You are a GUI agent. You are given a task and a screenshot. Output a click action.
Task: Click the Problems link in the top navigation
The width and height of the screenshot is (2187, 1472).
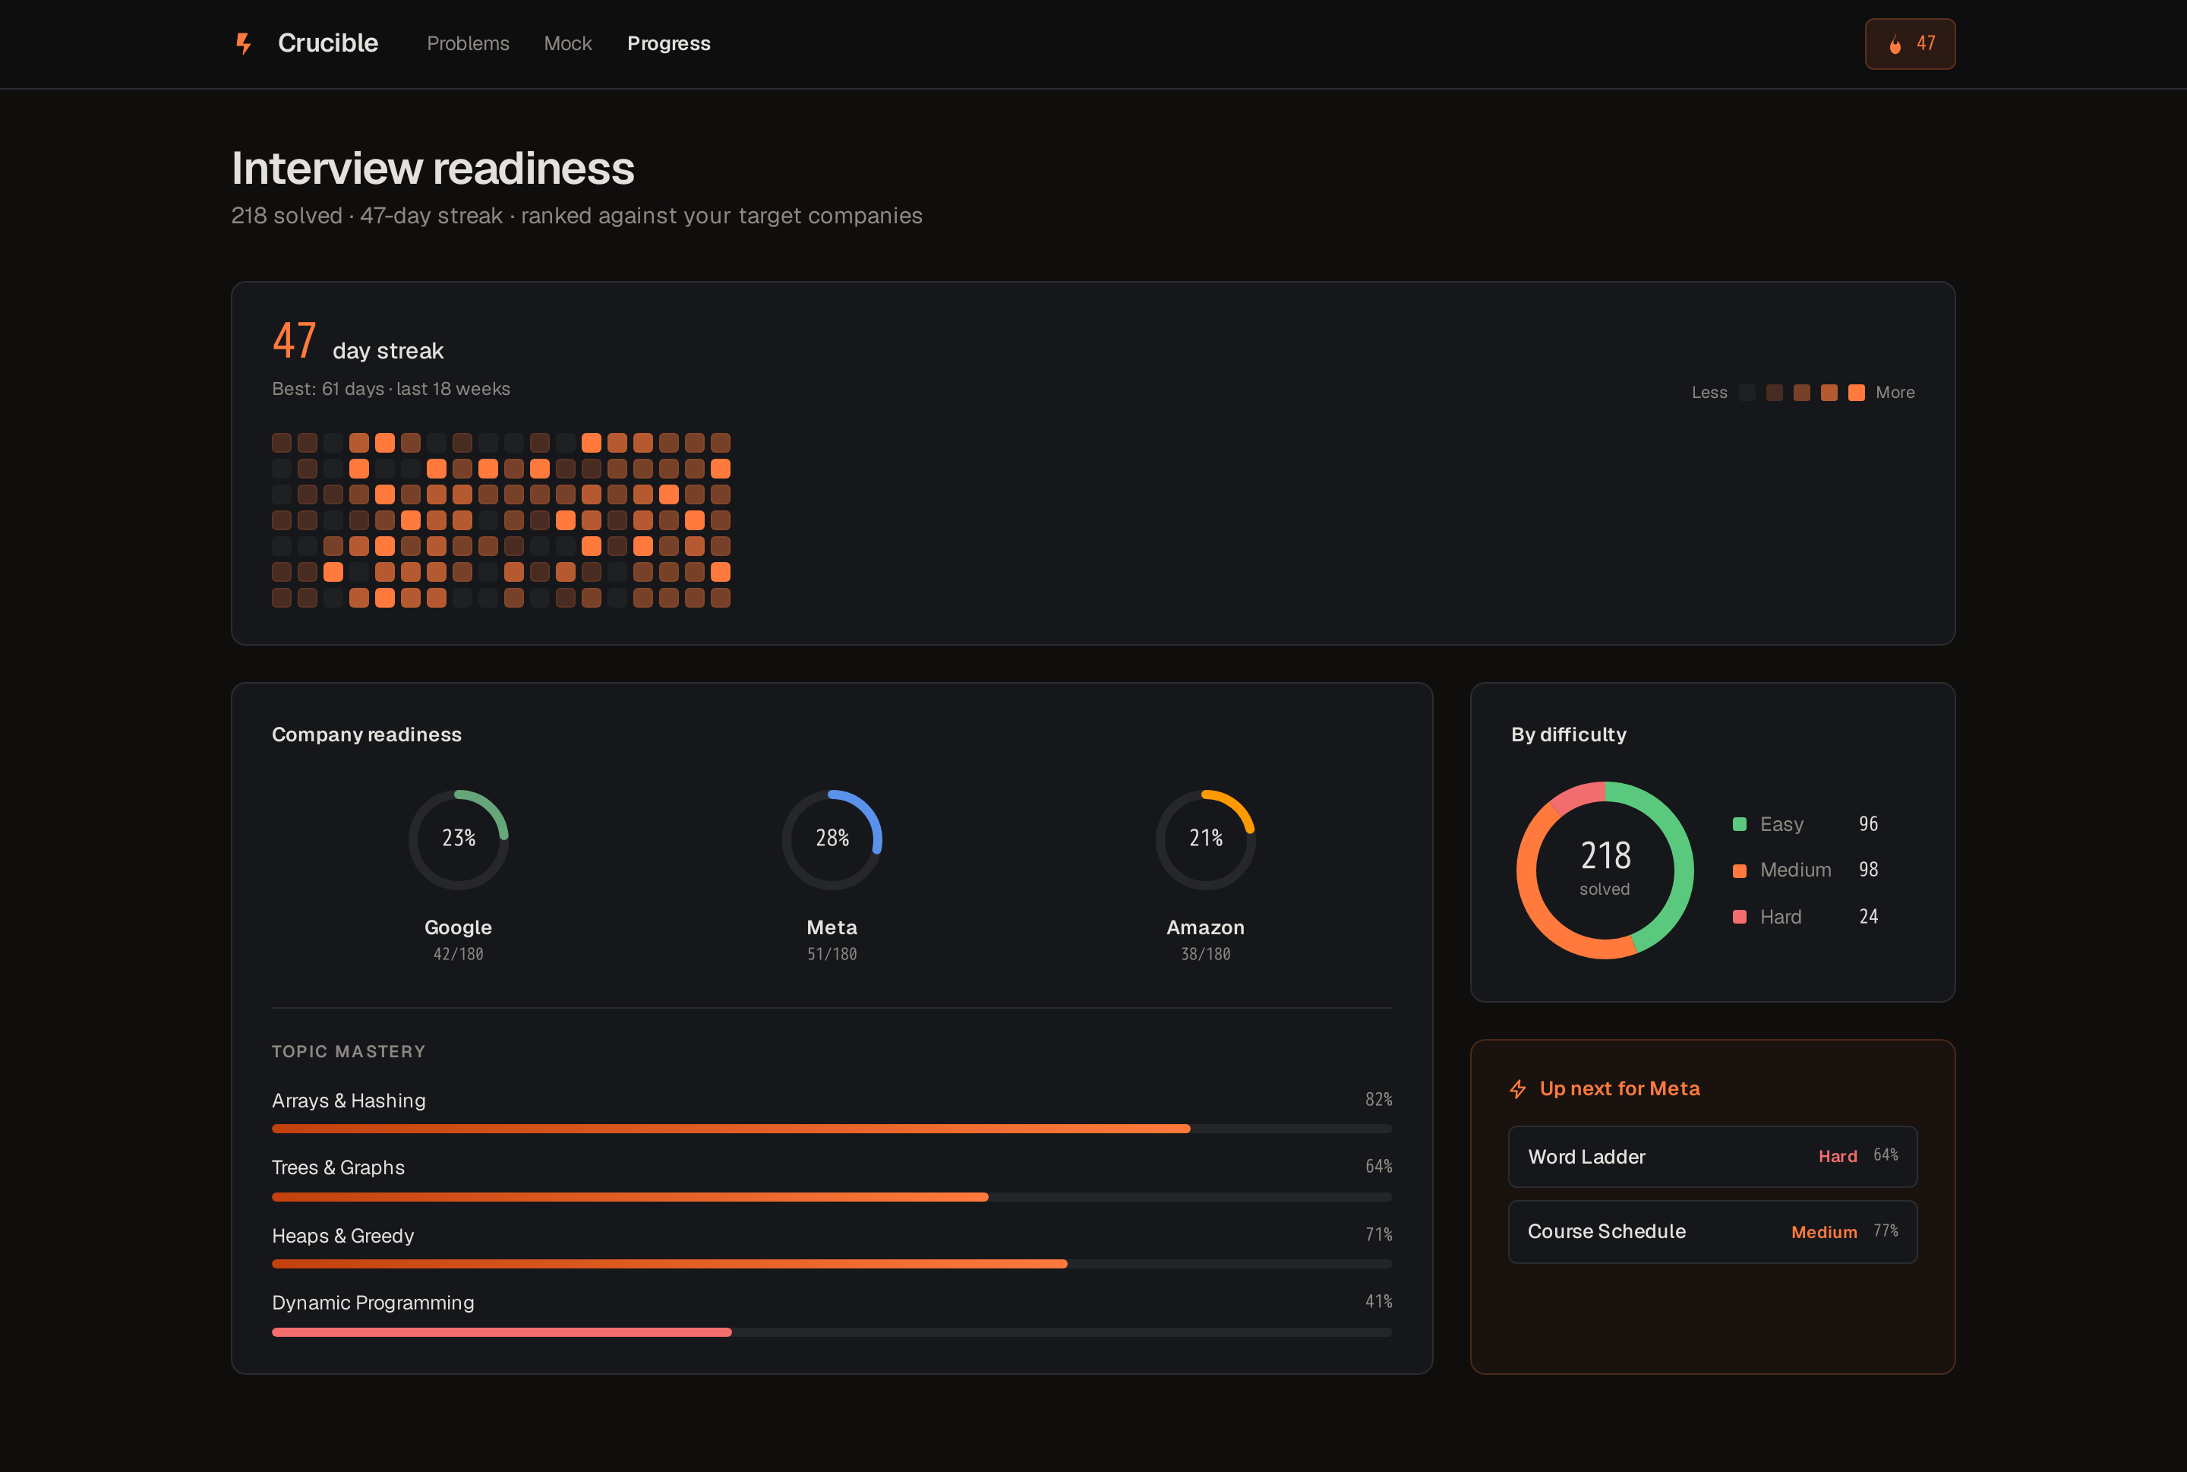468,43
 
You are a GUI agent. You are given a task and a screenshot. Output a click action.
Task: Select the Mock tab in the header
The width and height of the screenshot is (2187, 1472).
568,43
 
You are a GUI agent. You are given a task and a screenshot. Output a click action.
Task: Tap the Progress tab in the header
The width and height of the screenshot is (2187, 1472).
668,43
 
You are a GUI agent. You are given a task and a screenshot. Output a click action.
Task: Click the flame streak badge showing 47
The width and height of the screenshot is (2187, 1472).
1909,44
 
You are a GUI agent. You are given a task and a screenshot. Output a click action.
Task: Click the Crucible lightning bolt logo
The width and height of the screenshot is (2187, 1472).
243,43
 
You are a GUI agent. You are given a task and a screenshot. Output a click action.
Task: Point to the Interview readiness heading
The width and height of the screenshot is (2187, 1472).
433,168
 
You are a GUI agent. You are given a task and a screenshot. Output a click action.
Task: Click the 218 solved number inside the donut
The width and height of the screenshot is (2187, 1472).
1605,855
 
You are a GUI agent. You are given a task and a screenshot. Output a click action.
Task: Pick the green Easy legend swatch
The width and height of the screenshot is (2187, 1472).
1739,824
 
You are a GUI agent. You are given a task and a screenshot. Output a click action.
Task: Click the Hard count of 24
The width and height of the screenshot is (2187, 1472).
1868,916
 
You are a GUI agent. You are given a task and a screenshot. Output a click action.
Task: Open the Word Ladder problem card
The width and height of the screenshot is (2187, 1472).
1712,1157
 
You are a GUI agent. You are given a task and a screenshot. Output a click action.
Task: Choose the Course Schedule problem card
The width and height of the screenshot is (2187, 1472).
1712,1232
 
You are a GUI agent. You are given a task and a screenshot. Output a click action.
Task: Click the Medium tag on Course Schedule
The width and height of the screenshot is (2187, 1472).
1824,1233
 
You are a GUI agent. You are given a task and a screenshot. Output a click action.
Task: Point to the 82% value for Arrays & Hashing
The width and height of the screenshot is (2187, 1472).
1378,1099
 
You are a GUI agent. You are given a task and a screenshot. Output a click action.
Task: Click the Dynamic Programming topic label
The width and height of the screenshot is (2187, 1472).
373,1303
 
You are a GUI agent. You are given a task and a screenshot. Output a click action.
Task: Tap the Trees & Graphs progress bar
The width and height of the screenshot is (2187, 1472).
832,1197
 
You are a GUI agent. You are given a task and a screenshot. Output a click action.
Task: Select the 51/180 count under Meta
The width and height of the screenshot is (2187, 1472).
832,954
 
